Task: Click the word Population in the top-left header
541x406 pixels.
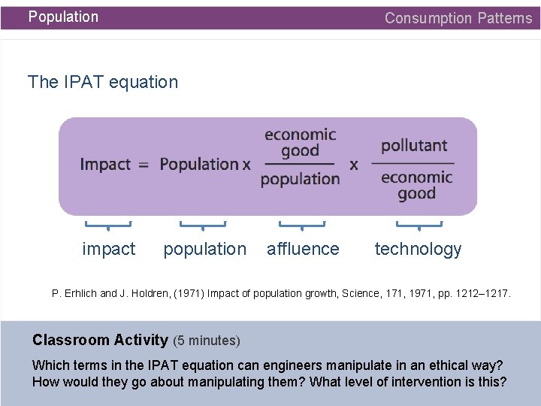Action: [x=63, y=17]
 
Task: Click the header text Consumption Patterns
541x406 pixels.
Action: [x=458, y=18]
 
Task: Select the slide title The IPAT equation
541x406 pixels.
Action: [x=103, y=82]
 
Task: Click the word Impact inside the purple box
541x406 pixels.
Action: [x=105, y=164]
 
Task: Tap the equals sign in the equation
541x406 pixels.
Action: [x=144, y=164]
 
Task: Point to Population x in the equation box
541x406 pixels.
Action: [x=205, y=164]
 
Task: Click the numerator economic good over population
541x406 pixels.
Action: [x=300, y=143]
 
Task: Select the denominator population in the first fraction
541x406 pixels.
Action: [x=300, y=179]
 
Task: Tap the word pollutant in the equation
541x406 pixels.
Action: [x=414, y=145]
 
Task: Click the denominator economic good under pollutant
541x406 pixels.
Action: [x=416, y=185]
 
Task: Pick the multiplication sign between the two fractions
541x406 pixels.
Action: [x=353, y=164]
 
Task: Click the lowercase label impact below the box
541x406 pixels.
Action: [x=109, y=249]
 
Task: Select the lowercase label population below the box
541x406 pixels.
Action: [x=204, y=249]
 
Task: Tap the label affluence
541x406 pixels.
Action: [x=303, y=249]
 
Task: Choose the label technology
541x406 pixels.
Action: [x=418, y=249]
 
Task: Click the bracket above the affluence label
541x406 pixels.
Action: [x=301, y=224]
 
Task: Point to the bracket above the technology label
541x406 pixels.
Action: [x=419, y=224]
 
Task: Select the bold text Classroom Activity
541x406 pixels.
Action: [x=101, y=340]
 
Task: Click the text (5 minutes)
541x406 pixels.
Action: [x=207, y=341]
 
